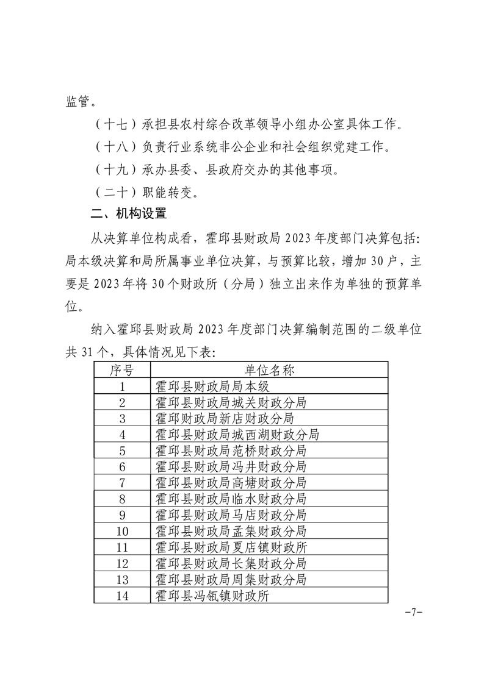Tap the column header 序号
click(122, 370)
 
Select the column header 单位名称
click(269, 370)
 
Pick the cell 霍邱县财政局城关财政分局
click(231, 402)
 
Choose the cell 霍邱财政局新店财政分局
click(225, 418)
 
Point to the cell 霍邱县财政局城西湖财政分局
click(237, 435)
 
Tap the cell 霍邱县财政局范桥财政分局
click(231, 451)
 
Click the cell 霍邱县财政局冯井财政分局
click(231, 466)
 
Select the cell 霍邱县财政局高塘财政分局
click(231, 483)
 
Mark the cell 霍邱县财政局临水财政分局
click(231, 499)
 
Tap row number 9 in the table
click(122, 515)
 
